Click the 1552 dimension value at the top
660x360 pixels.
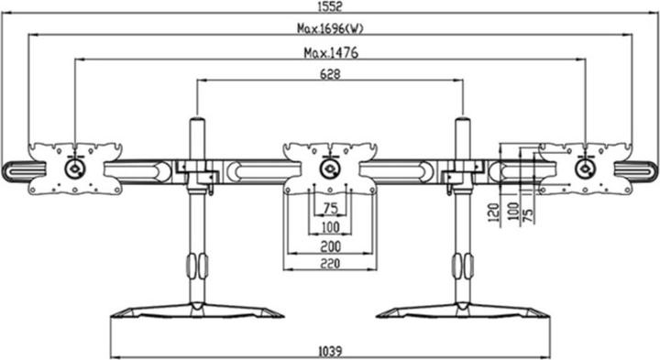tap(329, 6)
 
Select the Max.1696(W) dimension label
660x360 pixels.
tap(329, 28)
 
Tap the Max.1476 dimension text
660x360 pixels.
tap(329, 52)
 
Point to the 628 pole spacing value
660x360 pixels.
tap(329, 74)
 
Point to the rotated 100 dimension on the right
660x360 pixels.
tap(513, 212)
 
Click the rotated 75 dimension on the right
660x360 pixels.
tap(528, 213)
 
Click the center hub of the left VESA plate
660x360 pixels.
tap(73, 169)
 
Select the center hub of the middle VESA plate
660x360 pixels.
tap(328, 169)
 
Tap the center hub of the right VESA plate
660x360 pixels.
tap(583, 169)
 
